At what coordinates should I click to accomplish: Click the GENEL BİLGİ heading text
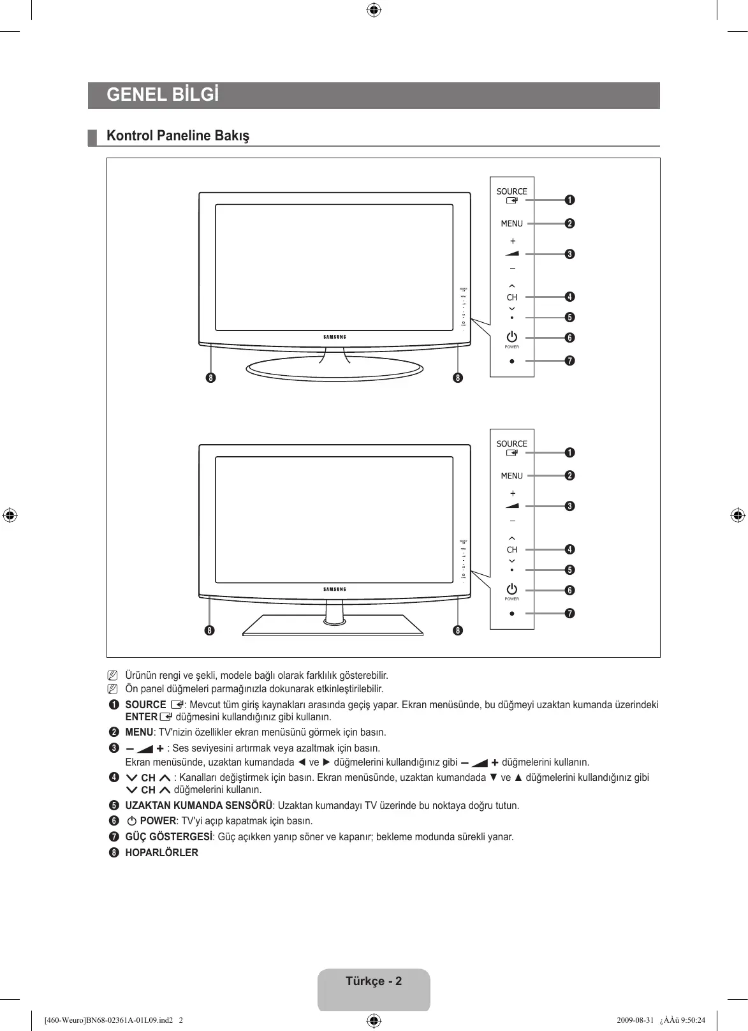click(163, 95)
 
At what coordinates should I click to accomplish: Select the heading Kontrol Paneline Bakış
click(178, 136)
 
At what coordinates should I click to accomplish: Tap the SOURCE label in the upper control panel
click(511, 191)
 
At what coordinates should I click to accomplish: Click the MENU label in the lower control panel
click(511, 476)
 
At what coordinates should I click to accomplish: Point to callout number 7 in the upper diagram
click(569, 361)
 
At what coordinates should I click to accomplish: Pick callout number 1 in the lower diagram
click(569, 452)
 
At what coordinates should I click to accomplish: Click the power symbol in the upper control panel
click(511, 336)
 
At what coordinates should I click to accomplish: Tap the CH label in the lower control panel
click(512, 550)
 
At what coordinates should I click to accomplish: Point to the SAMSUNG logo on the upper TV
click(335, 337)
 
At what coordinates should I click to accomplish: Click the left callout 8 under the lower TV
click(209, 631)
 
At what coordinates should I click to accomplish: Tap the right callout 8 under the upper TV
click(457, 378)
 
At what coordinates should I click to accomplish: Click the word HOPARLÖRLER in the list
click(161, 853)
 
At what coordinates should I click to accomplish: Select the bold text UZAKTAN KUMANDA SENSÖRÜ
click(198, 806)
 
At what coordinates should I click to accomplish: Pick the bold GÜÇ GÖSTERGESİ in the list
click(168, 837)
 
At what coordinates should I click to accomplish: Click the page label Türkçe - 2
click(374, 981)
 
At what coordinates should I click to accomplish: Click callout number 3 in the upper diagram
click(569, 255)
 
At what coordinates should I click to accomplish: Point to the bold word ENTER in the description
click(141, 717)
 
